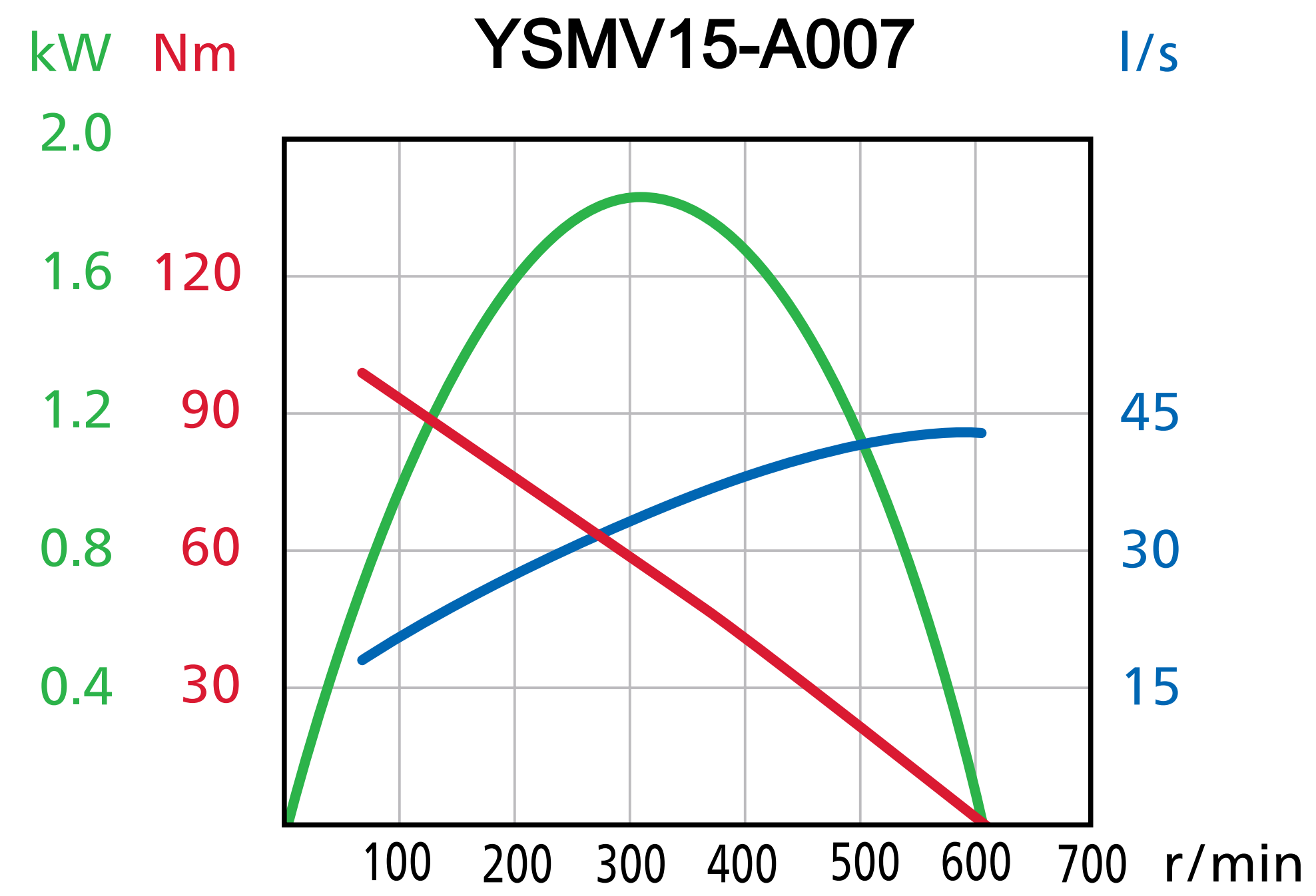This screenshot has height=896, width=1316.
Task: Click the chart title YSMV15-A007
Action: click(x=694, y=45)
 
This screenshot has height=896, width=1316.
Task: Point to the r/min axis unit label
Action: click(x=1232, y=865)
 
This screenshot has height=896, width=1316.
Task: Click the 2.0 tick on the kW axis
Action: click(x=76, y=133)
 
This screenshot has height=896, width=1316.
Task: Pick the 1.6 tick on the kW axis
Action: click(x=76, y=272)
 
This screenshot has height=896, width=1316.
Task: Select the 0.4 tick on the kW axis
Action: click(x=76, y=686)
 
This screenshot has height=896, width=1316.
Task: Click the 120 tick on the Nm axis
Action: click(x=197, y=272)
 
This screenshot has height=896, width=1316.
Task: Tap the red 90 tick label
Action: click(x=210, y=410)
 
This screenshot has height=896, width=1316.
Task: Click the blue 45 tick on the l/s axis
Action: click(x=1150, y=412)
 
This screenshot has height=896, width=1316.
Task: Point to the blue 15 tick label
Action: click(x=1151, y=686)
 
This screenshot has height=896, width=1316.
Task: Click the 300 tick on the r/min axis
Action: click(x=630, y=863)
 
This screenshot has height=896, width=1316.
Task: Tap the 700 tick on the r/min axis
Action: click(x=1092, y=863)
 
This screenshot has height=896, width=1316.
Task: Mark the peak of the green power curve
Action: click(x=639, y=197)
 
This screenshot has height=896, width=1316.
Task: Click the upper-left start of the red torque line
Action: click(x=362, y=373)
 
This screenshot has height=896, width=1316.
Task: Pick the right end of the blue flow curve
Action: click(x=982, y=433)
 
